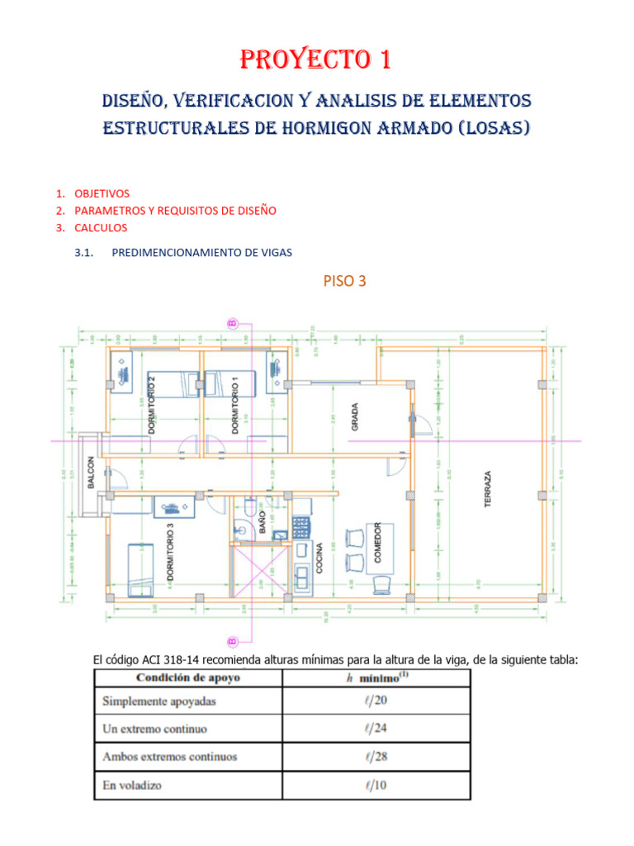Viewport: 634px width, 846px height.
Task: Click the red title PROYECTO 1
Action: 316,60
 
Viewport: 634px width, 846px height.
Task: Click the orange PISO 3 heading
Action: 345,281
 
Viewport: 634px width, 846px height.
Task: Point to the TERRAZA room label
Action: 488,489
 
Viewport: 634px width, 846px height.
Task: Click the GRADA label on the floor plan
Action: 355,417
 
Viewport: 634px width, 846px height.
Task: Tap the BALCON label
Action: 91,473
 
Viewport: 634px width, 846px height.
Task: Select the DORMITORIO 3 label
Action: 170,550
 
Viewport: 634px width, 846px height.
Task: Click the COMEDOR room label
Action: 377,543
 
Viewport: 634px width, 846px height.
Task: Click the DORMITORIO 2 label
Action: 151,403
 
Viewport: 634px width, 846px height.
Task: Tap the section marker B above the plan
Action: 232,324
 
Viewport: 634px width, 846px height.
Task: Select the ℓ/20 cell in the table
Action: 376,701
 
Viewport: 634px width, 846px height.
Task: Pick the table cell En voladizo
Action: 132,785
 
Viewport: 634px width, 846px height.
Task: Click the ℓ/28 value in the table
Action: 376,757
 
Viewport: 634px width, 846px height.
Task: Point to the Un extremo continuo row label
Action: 154,730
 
